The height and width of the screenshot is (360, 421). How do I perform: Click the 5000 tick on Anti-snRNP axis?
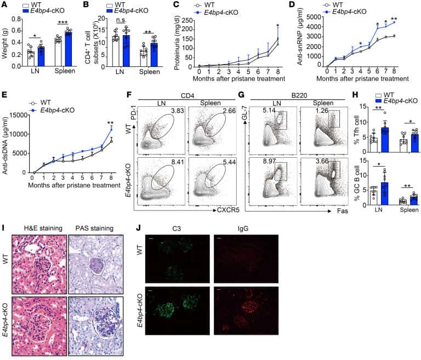point(314,9)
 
